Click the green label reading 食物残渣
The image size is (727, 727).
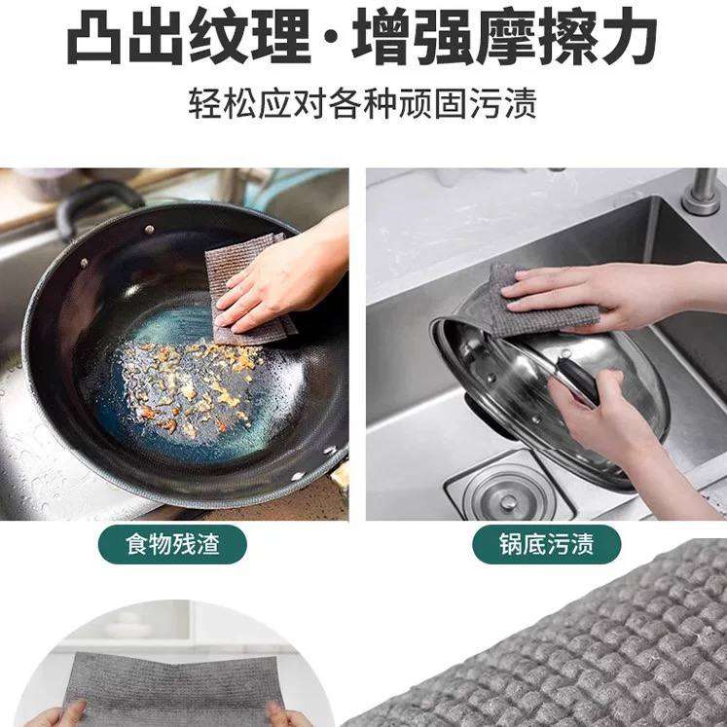pyautogui.click(x=172, y=544)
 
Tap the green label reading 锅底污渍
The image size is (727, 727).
pyautogui.click(x=546, y=544)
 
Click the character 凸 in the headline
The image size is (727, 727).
pyautogui.click(x=94, y=36)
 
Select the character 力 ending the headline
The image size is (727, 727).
pyautogui.click(x=628, y=36)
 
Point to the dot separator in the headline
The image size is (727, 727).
pyautogui.click(x=331, y=38)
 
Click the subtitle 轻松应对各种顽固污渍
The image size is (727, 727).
pyautogui.click(x=363, y=102)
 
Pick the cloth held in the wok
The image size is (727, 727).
pyautogui.click(x=248, y=290)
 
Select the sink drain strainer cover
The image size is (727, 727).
pyautogui.click(x=508, y=496)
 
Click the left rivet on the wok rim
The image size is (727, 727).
pyautogui.click(x=84, y=263)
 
